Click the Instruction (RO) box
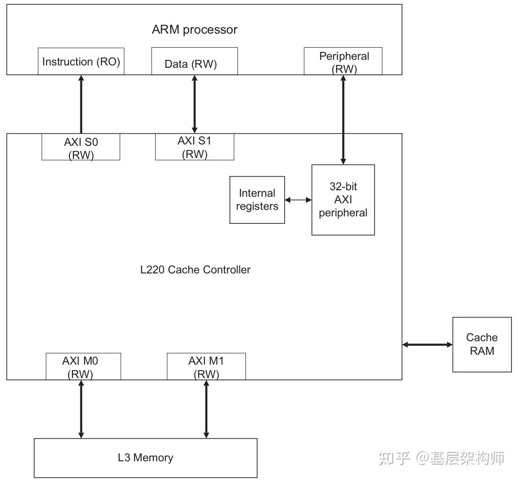click(81, 61)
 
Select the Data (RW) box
click(194, 61)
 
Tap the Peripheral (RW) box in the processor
click(343, 61)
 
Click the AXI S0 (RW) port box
click(81, 147)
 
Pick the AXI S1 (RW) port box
click(194, 147)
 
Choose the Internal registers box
click(257, 200)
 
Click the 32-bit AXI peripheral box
click(343, 200)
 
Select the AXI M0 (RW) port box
click(83, 366)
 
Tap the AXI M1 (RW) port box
click(206, 366)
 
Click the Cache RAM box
click(482, 344)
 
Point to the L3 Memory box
click(145, 458)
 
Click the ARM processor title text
click(194, 29)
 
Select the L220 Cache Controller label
click(195, 270)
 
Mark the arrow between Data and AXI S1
click(195, 104)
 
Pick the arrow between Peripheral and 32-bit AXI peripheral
click(344, 120)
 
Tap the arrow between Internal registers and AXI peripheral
click(298, 200)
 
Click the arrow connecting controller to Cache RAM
click(427, 345)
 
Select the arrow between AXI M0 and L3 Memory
click(81, 409)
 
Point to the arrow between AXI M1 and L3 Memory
click(206, 409)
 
